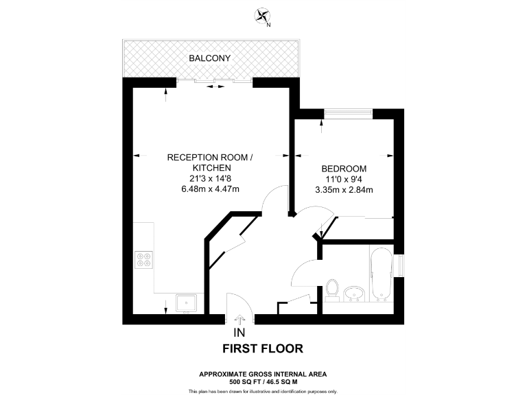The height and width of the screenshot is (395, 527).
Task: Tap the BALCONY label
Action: point(211,58)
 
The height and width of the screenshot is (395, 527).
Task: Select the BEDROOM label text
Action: point(343,169)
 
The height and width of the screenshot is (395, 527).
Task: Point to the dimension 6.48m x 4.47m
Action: point(210,189)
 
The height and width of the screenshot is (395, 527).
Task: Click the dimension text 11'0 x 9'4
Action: point(343,179)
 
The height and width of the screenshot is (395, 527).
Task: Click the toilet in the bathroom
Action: point(332,289)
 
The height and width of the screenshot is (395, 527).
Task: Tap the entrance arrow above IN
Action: point(239,319)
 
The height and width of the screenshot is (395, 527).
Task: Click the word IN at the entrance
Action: point(239,333)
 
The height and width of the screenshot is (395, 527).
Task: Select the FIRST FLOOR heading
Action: point(263,348)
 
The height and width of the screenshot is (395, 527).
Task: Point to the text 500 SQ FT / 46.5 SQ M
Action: point(263,381)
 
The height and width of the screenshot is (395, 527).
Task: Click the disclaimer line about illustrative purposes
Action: point(263,391)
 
